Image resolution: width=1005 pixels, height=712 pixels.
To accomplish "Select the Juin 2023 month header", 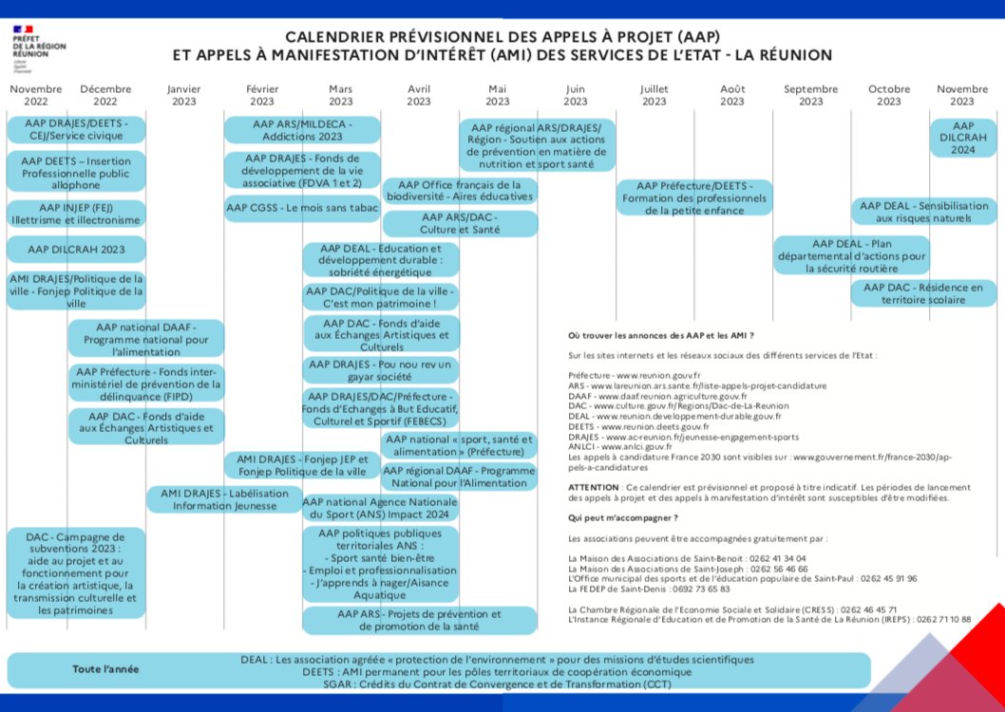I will click(x=576, y=95).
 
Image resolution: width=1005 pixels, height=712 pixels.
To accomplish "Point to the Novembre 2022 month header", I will click(x=36, y=95).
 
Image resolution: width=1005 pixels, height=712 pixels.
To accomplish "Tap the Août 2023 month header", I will click(x=731, y=95).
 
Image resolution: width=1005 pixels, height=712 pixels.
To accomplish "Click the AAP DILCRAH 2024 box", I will click(x=962, y=138).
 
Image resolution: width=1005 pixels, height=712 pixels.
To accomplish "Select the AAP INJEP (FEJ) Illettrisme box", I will click(x=77, y=214).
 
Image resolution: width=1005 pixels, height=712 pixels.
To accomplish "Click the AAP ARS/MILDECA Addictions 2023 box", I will click(x=302, y=130).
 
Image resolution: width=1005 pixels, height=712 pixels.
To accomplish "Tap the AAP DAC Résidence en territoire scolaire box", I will click(x=922, y=293).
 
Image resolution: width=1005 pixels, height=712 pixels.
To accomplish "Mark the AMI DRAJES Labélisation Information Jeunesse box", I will click(x=224, y=499).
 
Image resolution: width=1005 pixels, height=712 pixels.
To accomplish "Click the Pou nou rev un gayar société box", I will click(x=380, y=370).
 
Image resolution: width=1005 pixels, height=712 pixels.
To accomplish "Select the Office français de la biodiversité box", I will click(x=460, y=191).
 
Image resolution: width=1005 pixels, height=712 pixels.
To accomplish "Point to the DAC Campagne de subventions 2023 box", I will click(x=76, y=573).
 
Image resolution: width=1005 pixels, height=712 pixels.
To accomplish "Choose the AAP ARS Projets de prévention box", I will click(x=380, y=620).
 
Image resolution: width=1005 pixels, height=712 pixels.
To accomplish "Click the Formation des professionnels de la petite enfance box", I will click(x=694, y=198).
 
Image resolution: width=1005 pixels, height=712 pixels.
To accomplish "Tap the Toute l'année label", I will click(x=105, y=668).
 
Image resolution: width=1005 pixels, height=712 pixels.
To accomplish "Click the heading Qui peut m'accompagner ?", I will click(x=622, y=518).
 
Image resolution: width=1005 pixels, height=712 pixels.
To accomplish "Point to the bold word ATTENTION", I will click(x=592, y=486).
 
